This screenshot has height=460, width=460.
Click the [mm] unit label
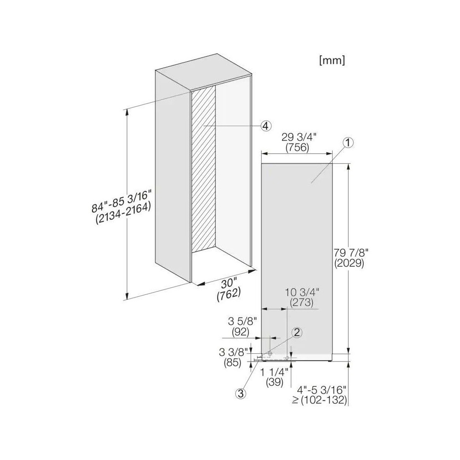331,60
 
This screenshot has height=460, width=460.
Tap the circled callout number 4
265,126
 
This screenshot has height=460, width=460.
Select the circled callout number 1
348,144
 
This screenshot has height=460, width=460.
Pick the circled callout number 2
297,332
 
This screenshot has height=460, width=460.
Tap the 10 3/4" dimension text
302,292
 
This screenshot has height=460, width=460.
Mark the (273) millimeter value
302,303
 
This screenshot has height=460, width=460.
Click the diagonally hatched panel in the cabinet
204,170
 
